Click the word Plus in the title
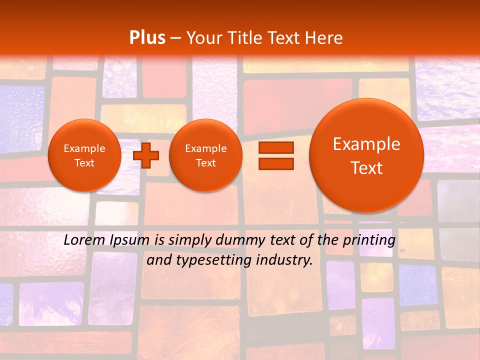point(147,38)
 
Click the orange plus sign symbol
point(146,155)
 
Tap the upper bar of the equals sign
point(276,148)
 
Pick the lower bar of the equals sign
point(276,163)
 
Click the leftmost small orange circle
point(84,155)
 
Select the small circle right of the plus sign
point(205,155)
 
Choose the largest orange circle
point(366,155)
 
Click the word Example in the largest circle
point(366,144)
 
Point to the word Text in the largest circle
point(366,168)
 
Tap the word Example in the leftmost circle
point(84,148)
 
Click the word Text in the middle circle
point(205,163)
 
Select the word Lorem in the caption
point(84,240)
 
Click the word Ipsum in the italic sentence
point(131,240)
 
